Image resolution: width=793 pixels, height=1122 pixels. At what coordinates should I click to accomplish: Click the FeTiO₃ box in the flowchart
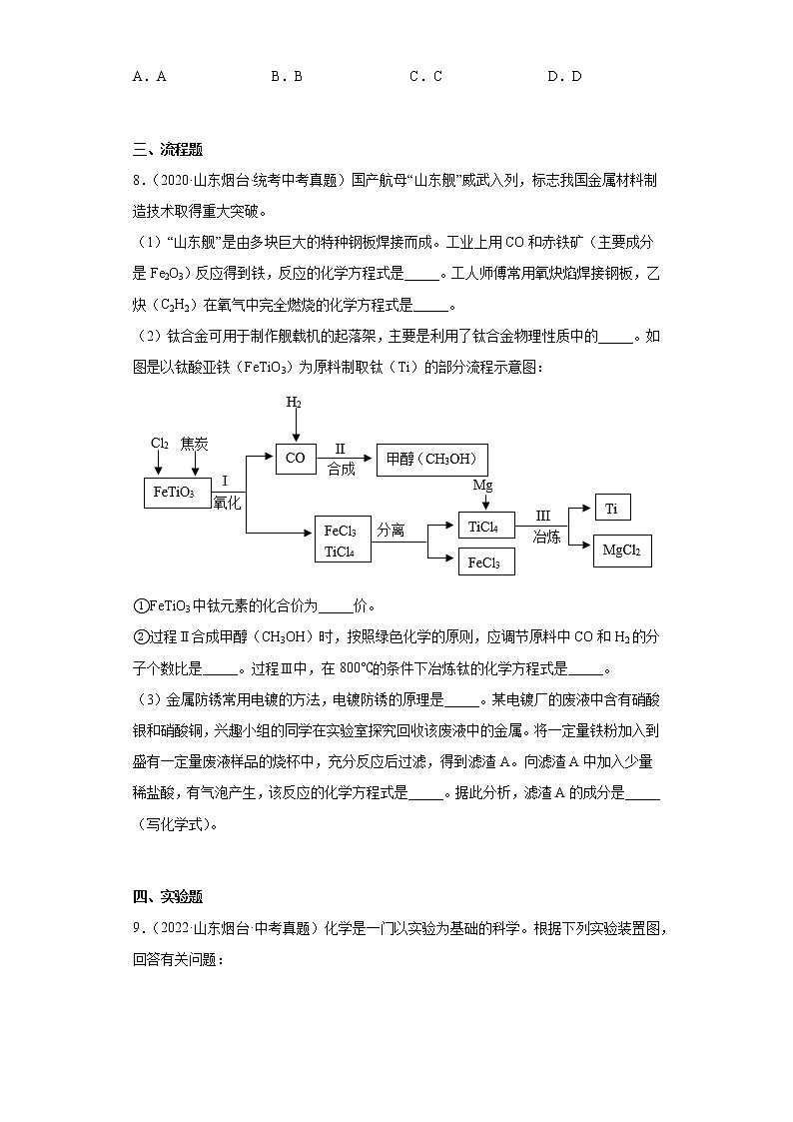pos(174,493)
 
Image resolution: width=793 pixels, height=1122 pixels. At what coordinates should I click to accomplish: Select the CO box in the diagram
pos(295,459)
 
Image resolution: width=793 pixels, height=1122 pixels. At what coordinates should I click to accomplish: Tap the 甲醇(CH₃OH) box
pos(432,459)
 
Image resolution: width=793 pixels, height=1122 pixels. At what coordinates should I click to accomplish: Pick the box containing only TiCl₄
pos(486,526)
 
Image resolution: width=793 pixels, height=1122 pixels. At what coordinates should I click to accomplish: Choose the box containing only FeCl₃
pos(486,562)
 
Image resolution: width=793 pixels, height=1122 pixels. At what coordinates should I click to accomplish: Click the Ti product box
pos(611,509)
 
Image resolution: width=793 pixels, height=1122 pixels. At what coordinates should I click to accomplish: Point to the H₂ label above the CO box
pos(294,403)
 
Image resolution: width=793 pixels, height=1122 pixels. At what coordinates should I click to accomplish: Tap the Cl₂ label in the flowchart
pos(159,443)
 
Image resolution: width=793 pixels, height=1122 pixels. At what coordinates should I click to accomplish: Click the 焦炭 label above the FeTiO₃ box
pos(195,443)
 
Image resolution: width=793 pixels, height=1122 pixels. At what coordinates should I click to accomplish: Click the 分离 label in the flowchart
pos(391,531)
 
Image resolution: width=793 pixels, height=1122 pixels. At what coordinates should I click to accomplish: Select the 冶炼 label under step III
pos(546,537)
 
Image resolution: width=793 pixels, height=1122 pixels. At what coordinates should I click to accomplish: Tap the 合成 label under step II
pos(341,469)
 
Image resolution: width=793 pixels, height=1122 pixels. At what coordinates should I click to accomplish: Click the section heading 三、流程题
pos(167,150)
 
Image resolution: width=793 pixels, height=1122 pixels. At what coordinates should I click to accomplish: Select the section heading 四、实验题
pos(167,896)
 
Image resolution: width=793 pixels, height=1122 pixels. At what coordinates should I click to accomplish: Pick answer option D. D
pos(564,76)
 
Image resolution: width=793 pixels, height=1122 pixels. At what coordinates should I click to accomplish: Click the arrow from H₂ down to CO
pos(295,427)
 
